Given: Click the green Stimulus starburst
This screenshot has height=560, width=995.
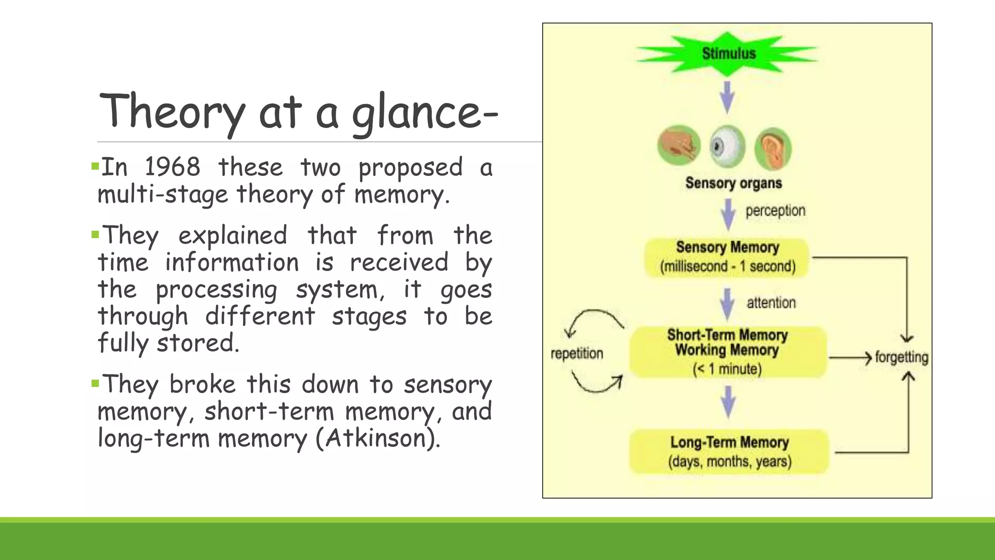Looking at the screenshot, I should [727, 53].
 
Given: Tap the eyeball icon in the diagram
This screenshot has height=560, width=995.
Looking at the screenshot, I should [727, 146].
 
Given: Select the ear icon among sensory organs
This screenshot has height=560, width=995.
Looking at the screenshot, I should [772, 148].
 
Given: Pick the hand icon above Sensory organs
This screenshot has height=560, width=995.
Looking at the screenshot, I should [679, 145].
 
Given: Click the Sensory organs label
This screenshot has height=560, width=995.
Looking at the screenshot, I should [733, 183].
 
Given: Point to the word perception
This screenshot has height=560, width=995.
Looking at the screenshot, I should [775, 211].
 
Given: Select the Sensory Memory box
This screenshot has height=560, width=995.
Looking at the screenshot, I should [727, 257].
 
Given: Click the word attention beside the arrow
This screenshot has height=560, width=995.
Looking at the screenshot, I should [771, 303].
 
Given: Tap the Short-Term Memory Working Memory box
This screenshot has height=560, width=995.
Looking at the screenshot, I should [727, 352].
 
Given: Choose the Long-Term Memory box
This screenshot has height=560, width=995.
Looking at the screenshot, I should [729, 452].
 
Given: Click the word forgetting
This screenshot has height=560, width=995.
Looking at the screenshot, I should [901, 357].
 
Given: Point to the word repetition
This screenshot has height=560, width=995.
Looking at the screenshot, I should [577, 353].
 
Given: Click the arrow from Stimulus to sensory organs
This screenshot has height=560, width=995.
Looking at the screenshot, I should [727, 97].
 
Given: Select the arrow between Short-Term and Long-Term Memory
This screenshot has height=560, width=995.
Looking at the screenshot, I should [727, 402].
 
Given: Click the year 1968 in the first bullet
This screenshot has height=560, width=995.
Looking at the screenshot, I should [172, 167].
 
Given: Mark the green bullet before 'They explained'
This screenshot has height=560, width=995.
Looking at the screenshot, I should [95, 235].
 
